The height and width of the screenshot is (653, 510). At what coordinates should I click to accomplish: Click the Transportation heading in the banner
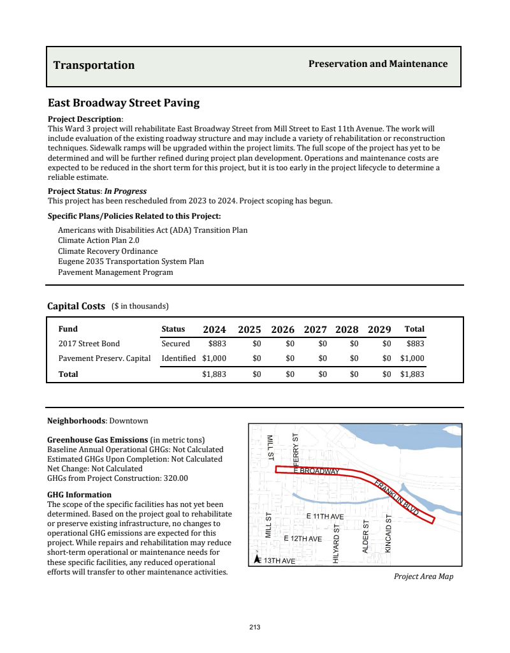[x=94, y=65]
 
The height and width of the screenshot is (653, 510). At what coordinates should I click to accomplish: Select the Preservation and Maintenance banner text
[x=378, y=64]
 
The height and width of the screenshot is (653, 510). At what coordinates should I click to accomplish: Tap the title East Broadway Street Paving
[x=124, y=103]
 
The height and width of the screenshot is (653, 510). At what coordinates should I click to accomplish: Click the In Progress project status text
[x=126, y=191]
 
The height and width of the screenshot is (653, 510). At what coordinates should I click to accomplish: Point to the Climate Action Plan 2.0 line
[x=98, y=240]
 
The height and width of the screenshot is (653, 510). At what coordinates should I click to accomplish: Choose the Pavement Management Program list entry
[x=115, y=272]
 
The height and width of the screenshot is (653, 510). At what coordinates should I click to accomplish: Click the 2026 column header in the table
[x=282, y=330]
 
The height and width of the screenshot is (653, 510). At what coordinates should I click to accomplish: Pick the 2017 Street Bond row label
[x=89, y=344]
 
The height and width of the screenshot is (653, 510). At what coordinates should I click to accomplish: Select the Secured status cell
[x=175, y=344]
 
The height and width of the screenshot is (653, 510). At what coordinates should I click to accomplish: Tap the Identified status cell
[x=178, y=358]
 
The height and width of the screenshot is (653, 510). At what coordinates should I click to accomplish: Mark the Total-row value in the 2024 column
[x=214, y=374]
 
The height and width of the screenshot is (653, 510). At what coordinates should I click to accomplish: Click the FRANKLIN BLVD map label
[x=396, y=497]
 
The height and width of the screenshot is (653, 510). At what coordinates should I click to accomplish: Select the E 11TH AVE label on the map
[x=325, y=515]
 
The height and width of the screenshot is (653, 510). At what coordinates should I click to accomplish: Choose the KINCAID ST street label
[x=388, y=532]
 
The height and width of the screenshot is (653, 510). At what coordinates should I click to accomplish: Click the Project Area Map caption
[x=423, y=576]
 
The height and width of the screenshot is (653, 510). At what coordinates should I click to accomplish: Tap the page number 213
[x=255, y=627]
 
